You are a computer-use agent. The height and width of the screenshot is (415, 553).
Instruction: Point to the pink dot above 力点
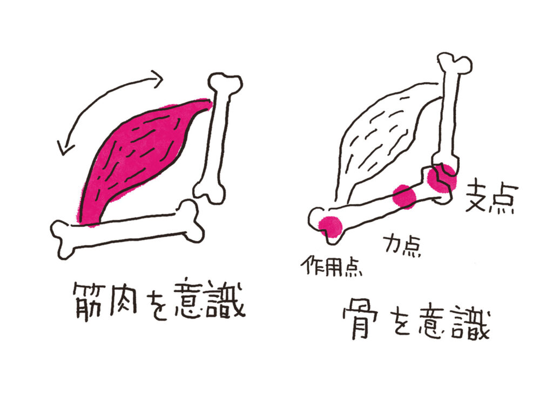coord(404,196)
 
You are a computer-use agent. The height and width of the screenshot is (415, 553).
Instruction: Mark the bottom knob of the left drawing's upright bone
coord(210,192)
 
